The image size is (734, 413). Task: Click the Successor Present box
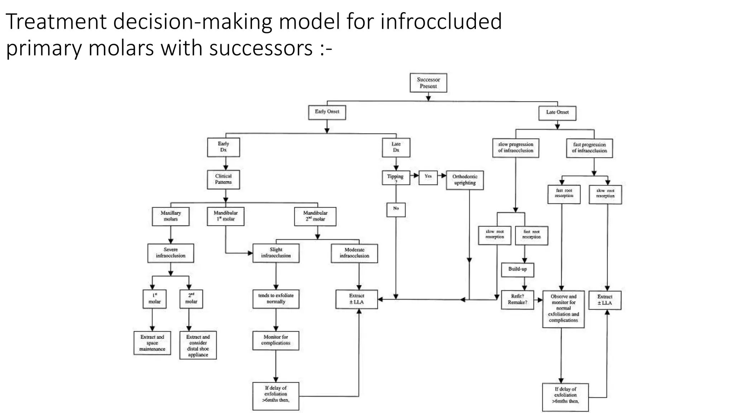click(428, 83)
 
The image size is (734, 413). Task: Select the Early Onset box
click(327, 112)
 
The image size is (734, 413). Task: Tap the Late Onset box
click(557, 113)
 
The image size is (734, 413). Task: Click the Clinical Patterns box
click(223, 179)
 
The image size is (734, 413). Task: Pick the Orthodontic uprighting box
click(465, 180)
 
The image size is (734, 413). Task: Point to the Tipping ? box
click(396, 177)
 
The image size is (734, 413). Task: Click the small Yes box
click(428, 177)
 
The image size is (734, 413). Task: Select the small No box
click(396, 209)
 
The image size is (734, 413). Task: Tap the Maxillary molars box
click(171, 216)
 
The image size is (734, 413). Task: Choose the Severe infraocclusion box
click(171, 253)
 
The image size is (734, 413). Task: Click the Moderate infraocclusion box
click(354, 253)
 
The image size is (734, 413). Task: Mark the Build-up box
click(518, 269)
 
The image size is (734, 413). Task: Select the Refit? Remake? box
click(518, 300)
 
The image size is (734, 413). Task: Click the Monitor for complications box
click(276, 340)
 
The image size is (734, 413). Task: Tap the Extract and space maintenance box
click(152, 343)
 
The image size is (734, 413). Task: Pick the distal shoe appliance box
click(198, 345)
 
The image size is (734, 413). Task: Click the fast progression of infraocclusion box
click(590, 148)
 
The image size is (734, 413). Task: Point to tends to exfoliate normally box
click(276, 299)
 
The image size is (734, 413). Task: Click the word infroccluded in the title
click(441, 22)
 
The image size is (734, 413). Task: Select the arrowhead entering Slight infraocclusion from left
click(250, 253)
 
